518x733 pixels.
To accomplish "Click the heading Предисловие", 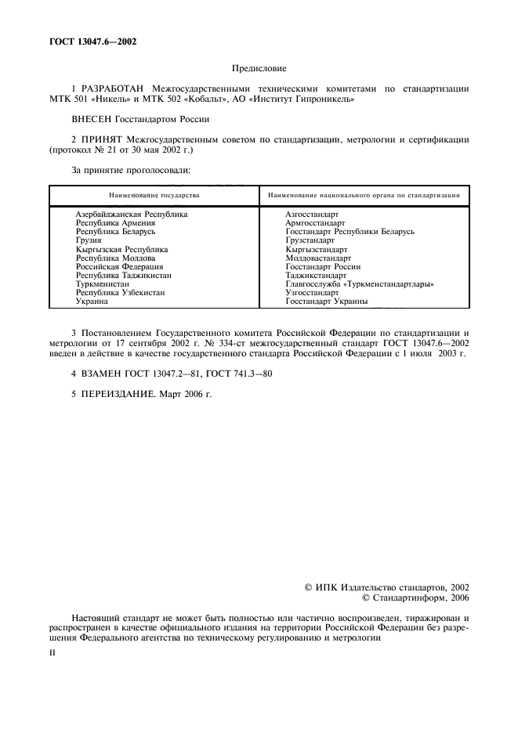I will click(x=259, y=69).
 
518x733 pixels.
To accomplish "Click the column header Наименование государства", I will click(x=154, y=193).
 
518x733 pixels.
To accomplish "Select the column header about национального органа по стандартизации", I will click(x=364, y=193).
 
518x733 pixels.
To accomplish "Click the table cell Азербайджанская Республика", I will click(x=131, y=214).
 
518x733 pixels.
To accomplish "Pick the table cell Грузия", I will click(x=89, y=240).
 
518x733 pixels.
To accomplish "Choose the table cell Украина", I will click(x=92, y=302).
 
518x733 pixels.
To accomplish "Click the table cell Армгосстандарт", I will click(x=316, y=223).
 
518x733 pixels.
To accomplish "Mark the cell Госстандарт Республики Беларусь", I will click(x=350, y=232).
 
